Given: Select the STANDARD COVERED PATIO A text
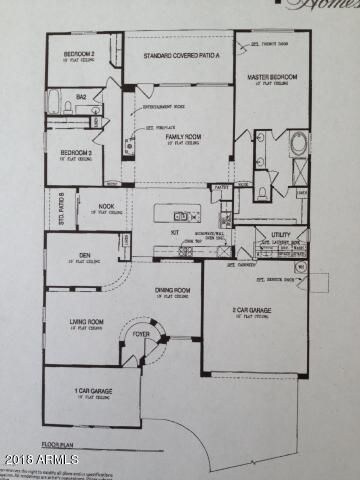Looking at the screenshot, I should point(179,56).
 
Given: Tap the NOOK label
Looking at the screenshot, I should point(105,207).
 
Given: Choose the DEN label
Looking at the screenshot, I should point(85,255).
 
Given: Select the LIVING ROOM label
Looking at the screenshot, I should point(87,322).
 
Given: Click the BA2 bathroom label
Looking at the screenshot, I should point(84,97).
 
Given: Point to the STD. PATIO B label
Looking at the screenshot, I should point(60,208).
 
